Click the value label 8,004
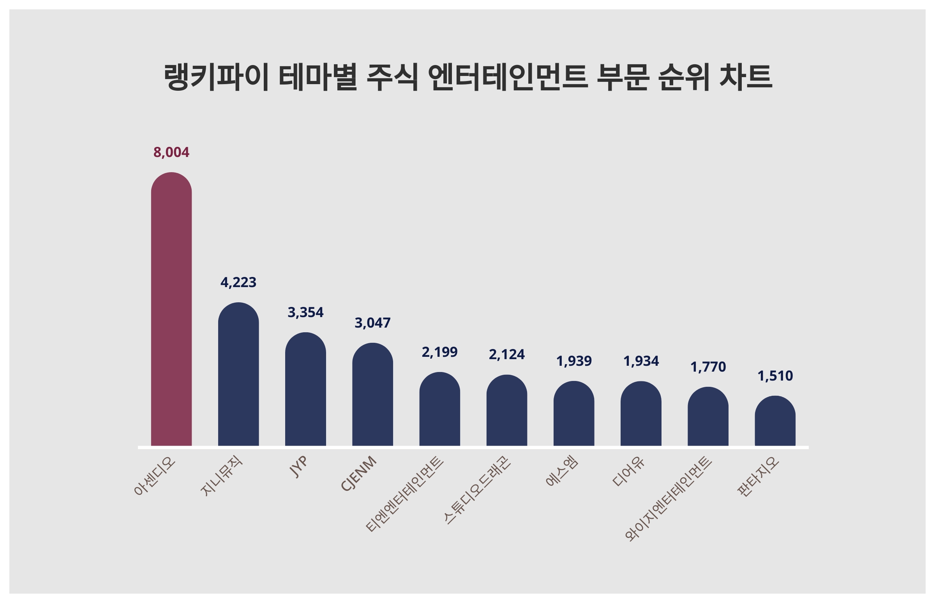171,152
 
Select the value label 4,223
238,282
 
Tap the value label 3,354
305,312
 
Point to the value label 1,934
641,361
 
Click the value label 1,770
708,367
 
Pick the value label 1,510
775,376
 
